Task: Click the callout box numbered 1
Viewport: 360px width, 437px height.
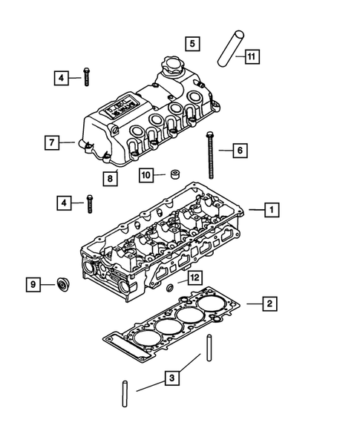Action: pos(272,210)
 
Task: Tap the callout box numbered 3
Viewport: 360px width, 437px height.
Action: pos(171,379)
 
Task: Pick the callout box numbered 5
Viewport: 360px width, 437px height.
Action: pos(192,44)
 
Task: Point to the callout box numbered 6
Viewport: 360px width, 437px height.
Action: pos(239,151)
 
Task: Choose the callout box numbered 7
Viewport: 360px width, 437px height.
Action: pos(51,141)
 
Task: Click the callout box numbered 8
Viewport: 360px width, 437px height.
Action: pos(111,178)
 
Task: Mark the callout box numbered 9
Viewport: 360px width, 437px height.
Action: pos(33,284)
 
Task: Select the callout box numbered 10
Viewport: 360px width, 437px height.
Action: pos(147,175)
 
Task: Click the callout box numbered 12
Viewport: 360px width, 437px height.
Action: pos(194,277)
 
